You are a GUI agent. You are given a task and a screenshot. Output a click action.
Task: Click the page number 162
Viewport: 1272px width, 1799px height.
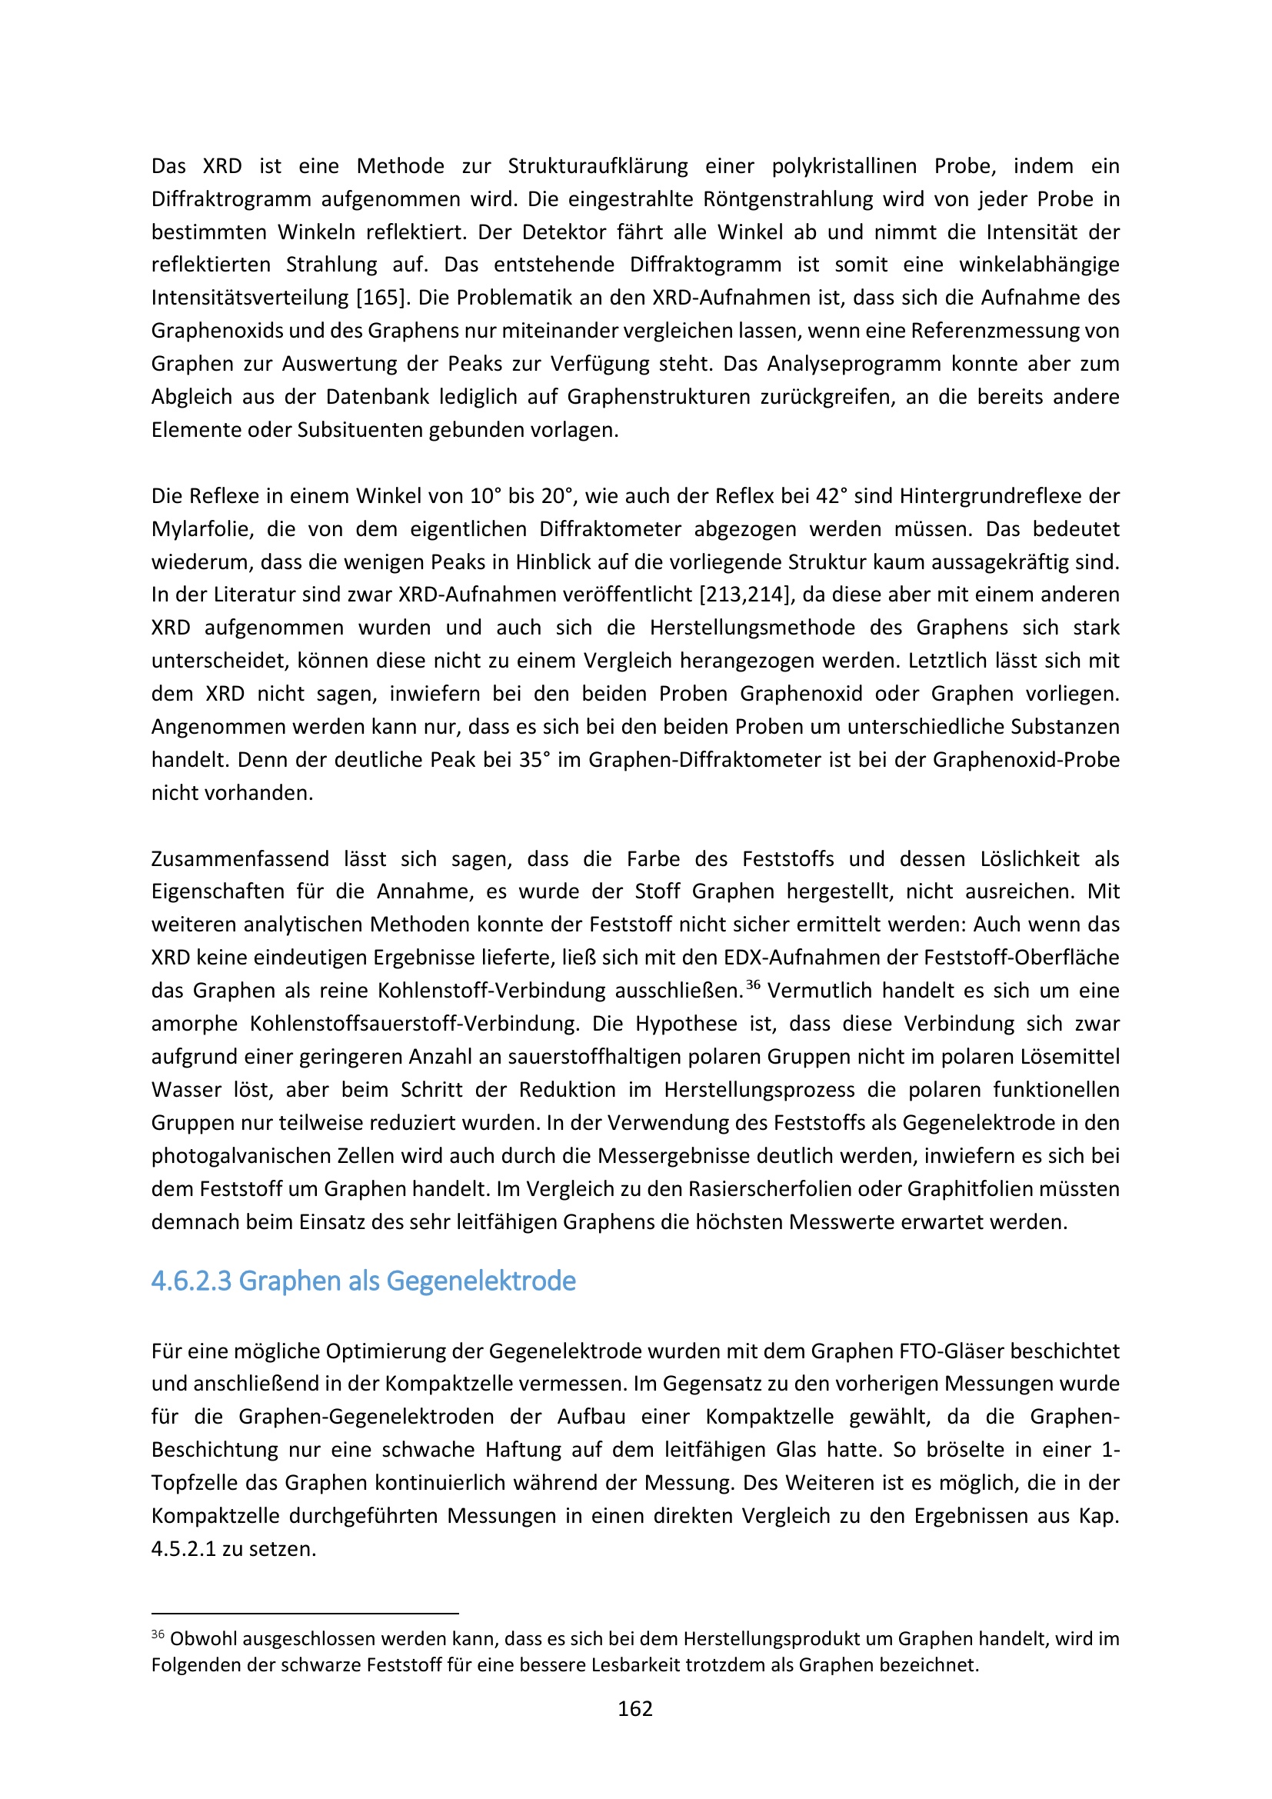(634, 1709)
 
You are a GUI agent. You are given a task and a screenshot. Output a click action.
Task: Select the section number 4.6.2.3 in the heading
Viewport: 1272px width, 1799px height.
(191, 1281)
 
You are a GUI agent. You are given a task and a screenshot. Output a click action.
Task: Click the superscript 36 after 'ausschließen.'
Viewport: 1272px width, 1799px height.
(753, 985)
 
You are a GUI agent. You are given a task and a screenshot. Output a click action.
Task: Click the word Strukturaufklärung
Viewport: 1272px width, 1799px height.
(598, 166)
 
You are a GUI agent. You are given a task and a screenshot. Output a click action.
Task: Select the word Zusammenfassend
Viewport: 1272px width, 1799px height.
(240, 859)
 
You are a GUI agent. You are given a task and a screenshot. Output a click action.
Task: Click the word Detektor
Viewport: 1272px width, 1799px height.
(564, 232)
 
